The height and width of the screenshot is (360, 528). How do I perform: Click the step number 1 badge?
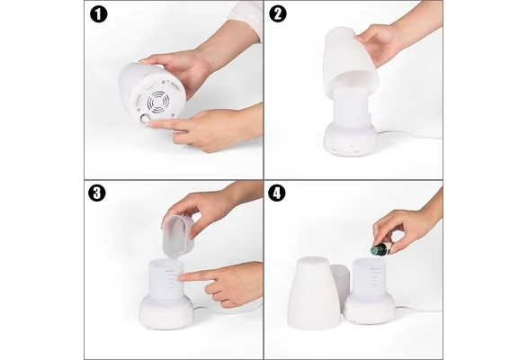pyautogui.click(x=99, y=14)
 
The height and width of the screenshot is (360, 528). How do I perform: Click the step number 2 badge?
pyautogui.click(x=278, y=14)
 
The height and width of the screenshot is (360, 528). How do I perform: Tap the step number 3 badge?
pyautogui.click(x=97, y=193)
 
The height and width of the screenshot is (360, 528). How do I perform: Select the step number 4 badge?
pyautogui.click(x=277, y=193)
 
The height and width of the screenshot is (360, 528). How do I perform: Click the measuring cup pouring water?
pyautogui.click(x=177, y=237)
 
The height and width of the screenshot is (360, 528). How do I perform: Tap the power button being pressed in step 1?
pyautogui.click(x=146, y=120)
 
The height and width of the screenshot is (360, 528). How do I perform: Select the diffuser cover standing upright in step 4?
pyautogui.click(x=311, y=292)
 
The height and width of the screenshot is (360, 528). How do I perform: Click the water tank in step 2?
pyautogui.click(x=351, y=106)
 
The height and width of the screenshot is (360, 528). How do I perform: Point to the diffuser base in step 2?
pyautogui.click(x=350, y=139)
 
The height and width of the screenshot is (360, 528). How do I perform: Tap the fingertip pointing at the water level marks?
pyautogui.click(x=181, y=278)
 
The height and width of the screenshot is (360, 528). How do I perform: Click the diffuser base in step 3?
pyautogui.click(x=166, y=311)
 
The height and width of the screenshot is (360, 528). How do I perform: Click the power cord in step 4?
pyautogui.click(x=417, y=309)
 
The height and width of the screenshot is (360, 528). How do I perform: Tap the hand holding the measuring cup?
pyautogui.click(x=209, y=205)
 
